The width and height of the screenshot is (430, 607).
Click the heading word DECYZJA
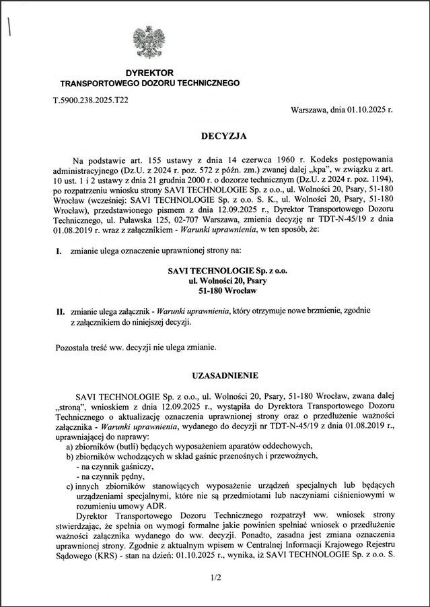click(x=224, y=136)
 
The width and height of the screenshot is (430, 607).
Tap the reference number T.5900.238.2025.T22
click(x=91, y=99)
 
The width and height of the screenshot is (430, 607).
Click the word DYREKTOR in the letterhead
click(x=149, y=72)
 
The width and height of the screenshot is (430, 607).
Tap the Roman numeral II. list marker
click(x=60, y=311)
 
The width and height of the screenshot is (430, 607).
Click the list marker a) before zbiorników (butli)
click(x=70, y=446)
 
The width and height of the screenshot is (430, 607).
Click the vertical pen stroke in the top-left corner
click(x=9, y=27)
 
